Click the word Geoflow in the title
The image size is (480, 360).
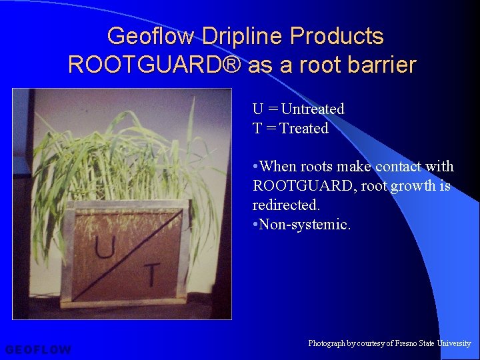click(142, 36)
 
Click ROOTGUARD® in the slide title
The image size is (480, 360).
click(155, 65)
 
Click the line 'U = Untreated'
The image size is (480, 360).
click(298, 109)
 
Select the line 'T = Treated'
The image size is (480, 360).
click(290, 128)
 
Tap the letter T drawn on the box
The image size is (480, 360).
click(152, 274)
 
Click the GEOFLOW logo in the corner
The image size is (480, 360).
click(38, 349)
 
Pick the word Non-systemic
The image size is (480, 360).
click(305, 225)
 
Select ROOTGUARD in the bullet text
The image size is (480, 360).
click(303, 186)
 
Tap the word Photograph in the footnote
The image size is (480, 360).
click(326, 343)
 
